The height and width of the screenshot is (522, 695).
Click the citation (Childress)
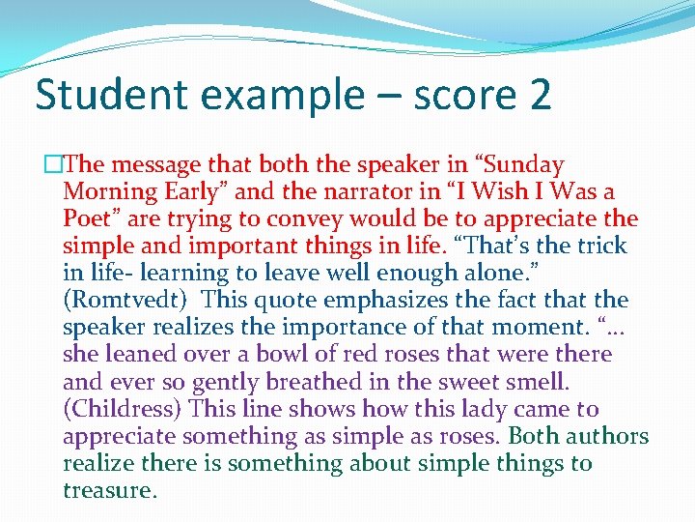122,409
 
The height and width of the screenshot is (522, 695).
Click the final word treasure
108,490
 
